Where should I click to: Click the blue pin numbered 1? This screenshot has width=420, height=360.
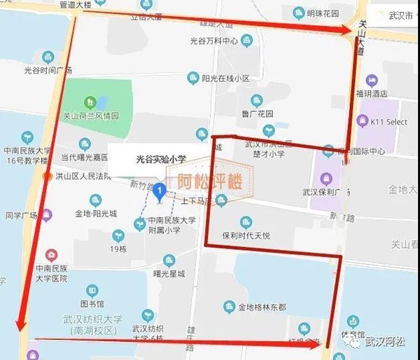click(x=160, y=190)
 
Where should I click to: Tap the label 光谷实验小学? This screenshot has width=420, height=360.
click(x=160, y=160)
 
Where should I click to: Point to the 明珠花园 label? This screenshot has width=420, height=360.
click(x=323, y=13)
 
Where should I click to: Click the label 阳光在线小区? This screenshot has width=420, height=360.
click(x=225, y=78)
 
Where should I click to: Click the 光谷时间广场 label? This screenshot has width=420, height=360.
click(x=48, y=70)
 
